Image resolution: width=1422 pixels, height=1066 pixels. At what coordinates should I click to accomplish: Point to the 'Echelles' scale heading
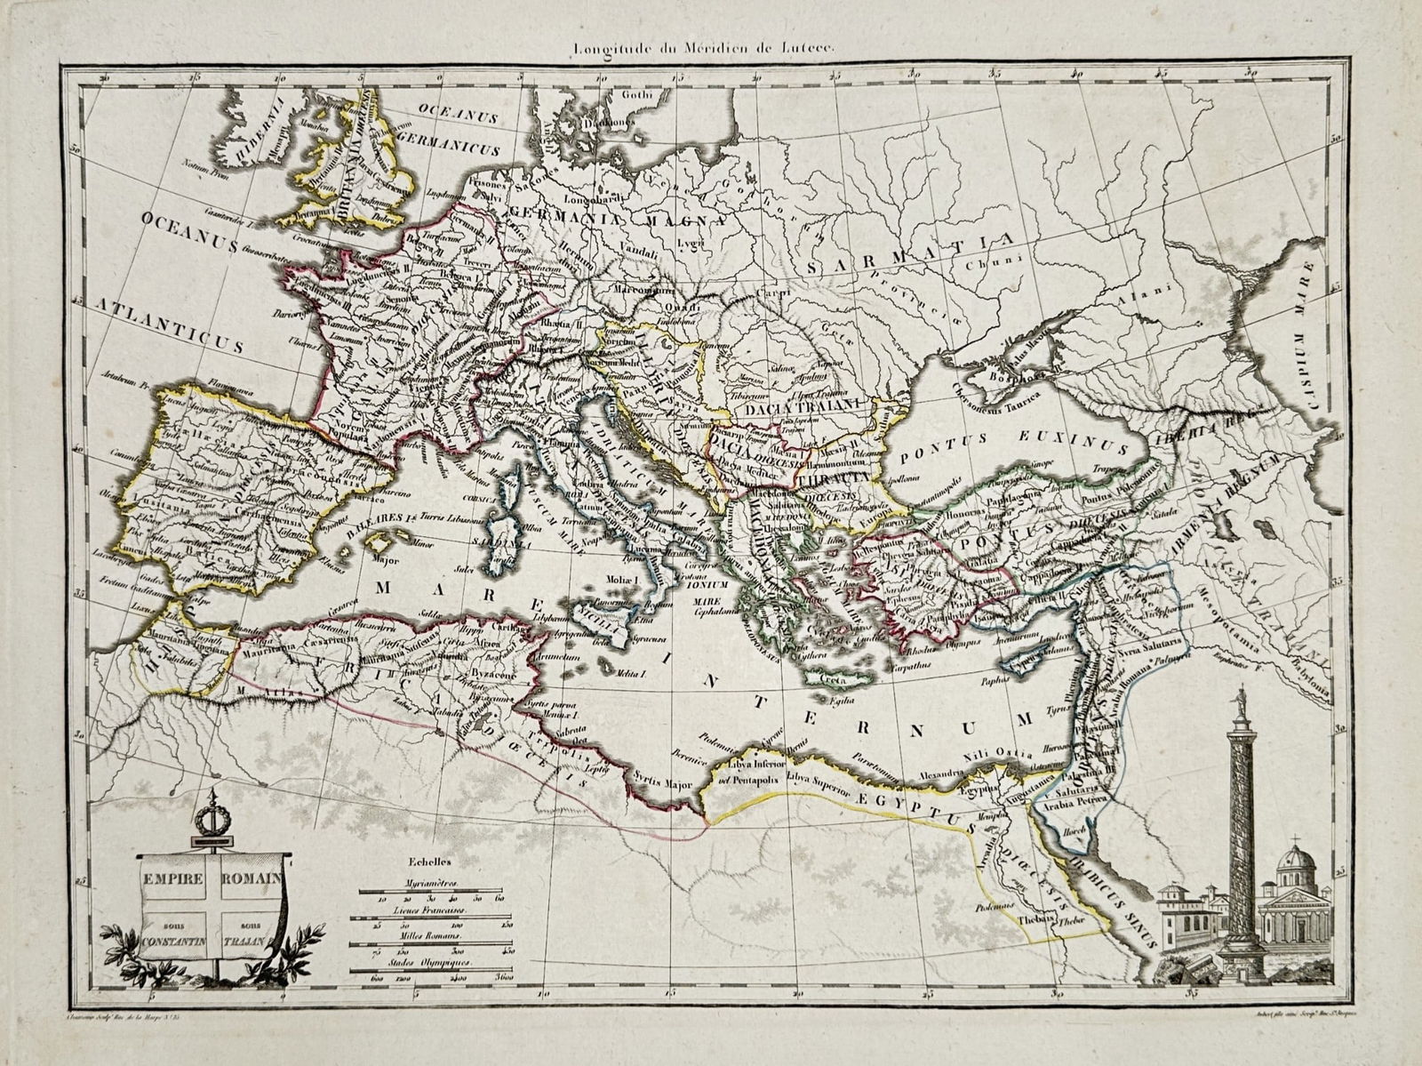tap(429, 861)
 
